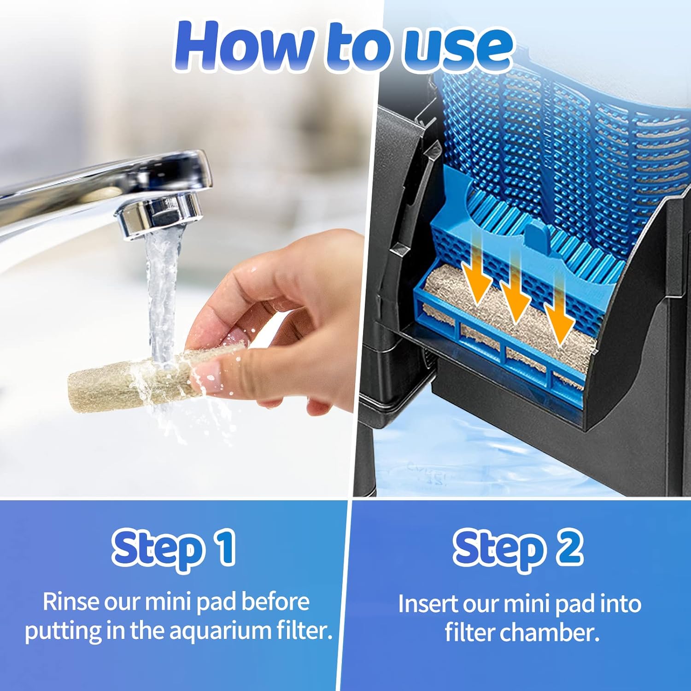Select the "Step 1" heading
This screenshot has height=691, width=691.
(x=174, y=548)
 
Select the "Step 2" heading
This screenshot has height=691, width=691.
(x=518, y=548)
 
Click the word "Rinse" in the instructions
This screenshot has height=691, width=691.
(x=70, y=602)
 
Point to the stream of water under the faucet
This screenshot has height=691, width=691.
(x=161, y=295)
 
